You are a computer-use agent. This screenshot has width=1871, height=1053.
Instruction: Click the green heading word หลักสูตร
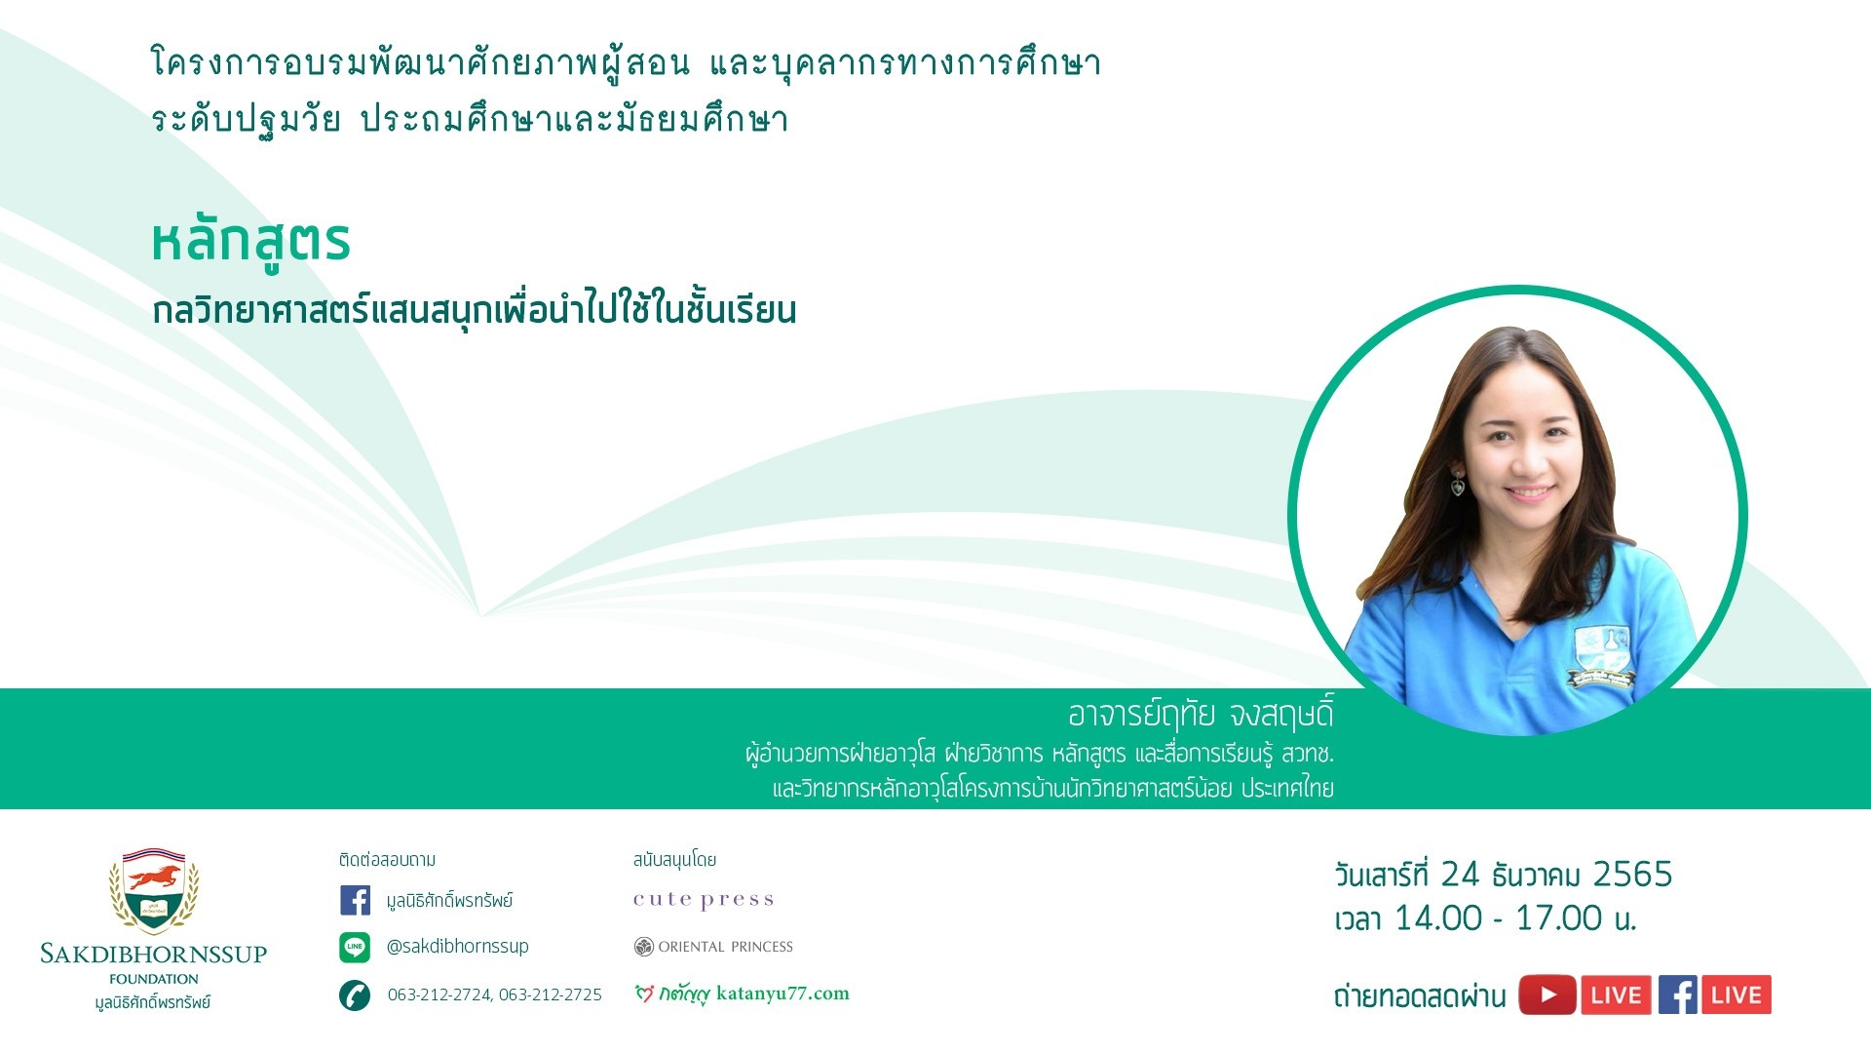pos(250,243)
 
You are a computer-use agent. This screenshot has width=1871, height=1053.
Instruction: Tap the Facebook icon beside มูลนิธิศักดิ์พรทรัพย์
pos(355,900)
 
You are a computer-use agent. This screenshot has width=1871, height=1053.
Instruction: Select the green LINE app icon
pos(355,947)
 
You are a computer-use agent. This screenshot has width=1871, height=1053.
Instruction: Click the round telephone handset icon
pos(355,995)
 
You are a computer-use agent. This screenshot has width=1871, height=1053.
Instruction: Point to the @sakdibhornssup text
pos(457,947)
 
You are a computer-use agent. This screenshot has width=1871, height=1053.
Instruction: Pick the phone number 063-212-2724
pos(439,994)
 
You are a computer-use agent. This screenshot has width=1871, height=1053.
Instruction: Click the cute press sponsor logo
pos(704,900)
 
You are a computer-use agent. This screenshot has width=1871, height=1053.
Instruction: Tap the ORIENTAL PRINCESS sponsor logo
pos(713,947)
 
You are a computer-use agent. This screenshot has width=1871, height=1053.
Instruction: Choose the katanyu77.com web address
pos(783,994)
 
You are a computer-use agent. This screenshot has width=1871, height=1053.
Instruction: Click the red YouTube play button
pos(1547,995)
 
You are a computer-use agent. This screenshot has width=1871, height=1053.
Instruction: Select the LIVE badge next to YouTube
pos(1616,995)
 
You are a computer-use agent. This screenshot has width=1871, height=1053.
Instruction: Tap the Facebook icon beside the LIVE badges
pos(1678,995)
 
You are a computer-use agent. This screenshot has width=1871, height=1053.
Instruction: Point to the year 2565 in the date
pos(1632,875)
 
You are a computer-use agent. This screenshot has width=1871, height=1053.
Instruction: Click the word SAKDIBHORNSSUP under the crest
pos(154,954)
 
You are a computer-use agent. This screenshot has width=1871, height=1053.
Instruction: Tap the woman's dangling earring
pos(1458,482)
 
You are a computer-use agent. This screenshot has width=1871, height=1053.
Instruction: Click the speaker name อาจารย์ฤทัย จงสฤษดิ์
pos(1201,715)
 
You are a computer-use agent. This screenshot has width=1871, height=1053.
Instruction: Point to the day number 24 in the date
pos(1460,875)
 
